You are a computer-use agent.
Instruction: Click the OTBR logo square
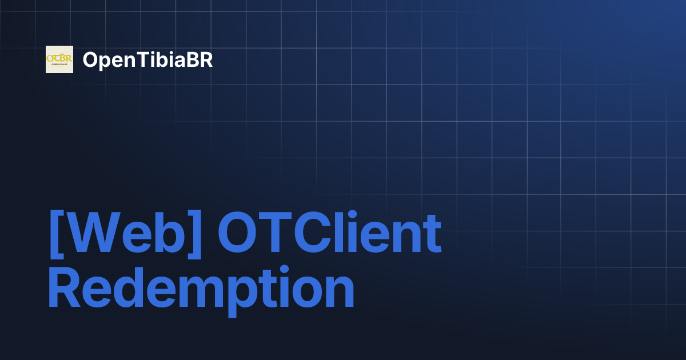[59, 59]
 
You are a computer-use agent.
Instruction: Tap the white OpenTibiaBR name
[147, 60]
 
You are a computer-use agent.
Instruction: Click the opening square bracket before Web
[55, 234]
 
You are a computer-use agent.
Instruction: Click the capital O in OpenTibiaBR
[90, 60]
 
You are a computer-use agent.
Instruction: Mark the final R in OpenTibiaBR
[206, 60]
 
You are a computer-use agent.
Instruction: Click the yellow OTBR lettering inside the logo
[59, 58]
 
